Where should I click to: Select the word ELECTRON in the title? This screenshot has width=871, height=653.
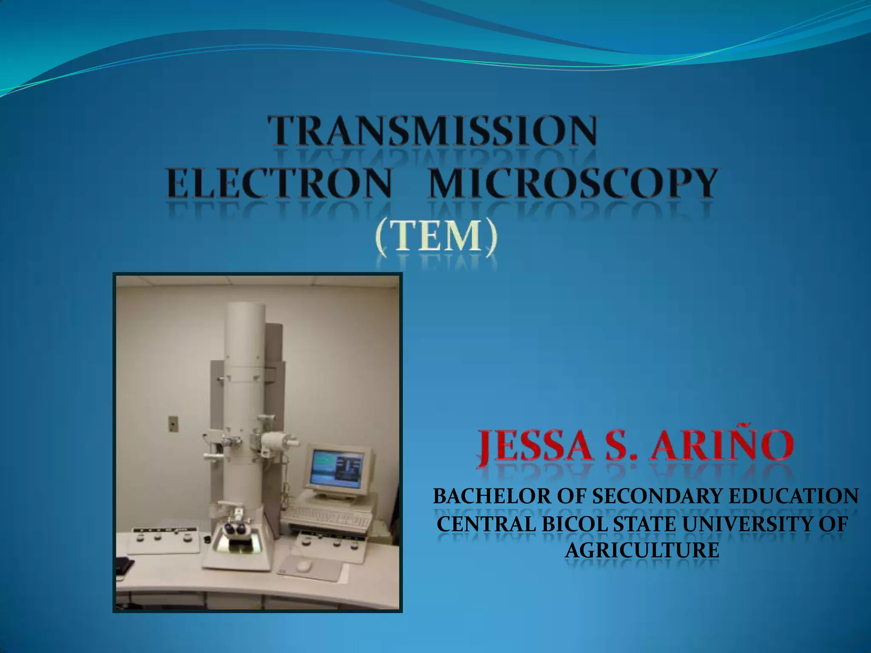279,183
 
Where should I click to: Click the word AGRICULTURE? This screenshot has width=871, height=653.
642,551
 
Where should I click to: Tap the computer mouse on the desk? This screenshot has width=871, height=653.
303,565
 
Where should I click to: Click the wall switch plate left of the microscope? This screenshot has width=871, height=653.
173,423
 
